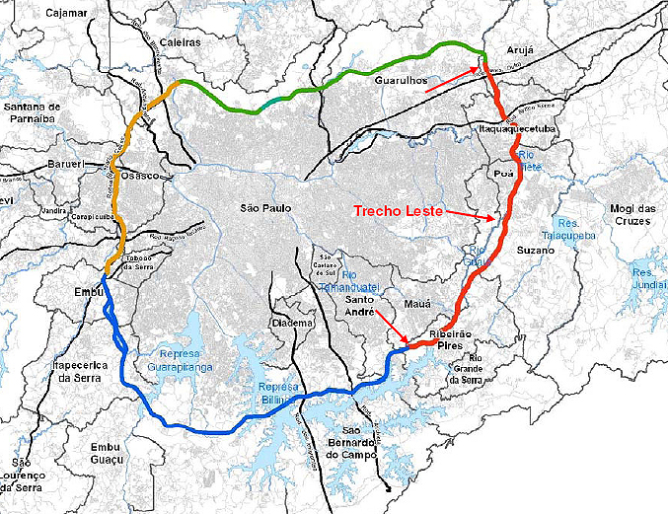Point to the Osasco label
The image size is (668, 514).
pyautogui.click(x=140, y=175)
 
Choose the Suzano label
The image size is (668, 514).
pyautogui.click(x=536, y=252)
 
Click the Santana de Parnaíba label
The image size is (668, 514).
pyautogui.click(x=34, y=112)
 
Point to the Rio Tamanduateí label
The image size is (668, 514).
pyautogui.click(x=361, y=278)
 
